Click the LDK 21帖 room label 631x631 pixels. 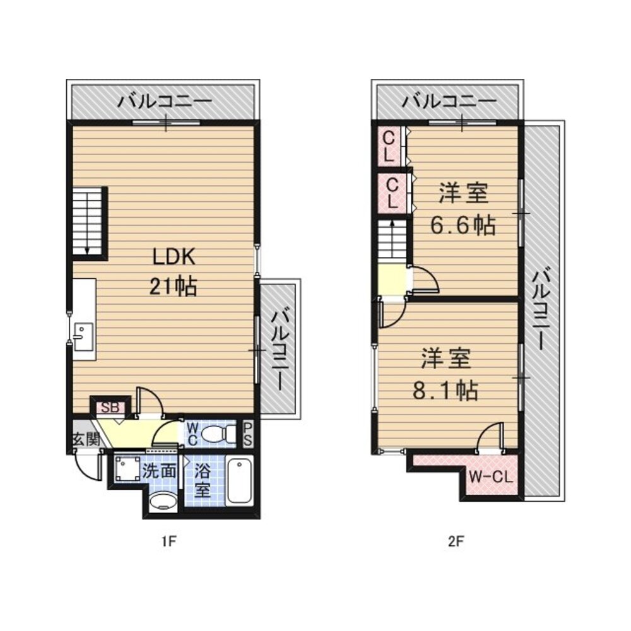[173, 271]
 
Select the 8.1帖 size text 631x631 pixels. [445, 391]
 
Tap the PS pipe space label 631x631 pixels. [247, 434]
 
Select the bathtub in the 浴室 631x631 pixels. [239, 481]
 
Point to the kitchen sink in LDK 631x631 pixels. [83, 336]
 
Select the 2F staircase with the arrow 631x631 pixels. [394, 239]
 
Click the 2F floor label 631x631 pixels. [456, 540]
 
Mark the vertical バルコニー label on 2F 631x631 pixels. [543, 309]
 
